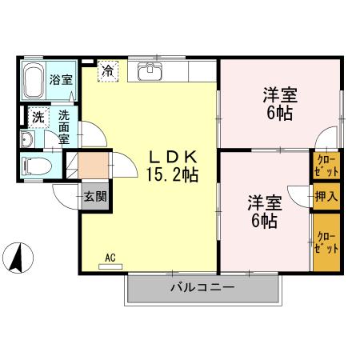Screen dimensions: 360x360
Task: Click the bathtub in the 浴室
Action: click(33, 81)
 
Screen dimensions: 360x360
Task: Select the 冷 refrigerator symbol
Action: click(107, 70)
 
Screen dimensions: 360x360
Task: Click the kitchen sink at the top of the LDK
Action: click(149, 71)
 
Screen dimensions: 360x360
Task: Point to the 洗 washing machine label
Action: click(37, 118)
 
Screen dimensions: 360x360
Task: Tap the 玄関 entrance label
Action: click(94, 194)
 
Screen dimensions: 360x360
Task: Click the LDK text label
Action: click(170, 157)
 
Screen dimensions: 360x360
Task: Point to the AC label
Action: click(110, 258)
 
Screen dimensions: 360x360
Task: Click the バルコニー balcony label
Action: click(201, 287)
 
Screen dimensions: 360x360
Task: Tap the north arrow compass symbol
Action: click(18, 258)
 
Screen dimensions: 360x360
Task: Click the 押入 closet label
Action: click(326, 195)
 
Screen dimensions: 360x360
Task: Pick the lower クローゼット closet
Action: click(326, 242)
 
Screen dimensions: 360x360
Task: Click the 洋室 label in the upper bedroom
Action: click(281, 97)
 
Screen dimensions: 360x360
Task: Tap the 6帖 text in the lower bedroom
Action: click(264, 221)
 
